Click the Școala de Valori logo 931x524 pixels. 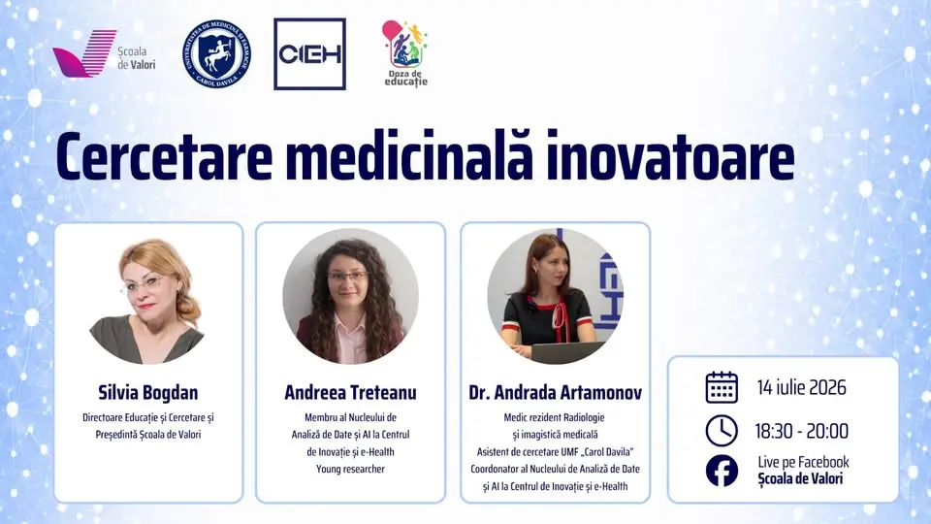pyautogui.click(x=104, y=54)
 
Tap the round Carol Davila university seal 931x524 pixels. pyautogui.click(x=216, y=54)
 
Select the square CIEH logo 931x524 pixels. pyautogui.click(x=310, y=54)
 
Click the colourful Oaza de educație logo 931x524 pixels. pyautogui.click(x=405, y=53)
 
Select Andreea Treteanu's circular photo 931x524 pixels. pyautogui.click(x=350, y=296)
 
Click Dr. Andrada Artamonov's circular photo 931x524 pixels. pyautogui.click(x=555, y=296)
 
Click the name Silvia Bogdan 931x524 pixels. pyautogui.click(x=147, y=393)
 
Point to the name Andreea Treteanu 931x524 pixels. pyautogui.click(x=350, y=393)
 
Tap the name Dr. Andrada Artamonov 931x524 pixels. pyautogui.click(x=555, y=393)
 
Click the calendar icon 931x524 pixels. pyautogui.click(x=722, y=387)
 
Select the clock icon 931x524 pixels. pyautogui.click(x=722, y=431)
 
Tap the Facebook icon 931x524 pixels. pyautogui.click(x=722, y=471)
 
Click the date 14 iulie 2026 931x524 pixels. pyautogui.click(x=802, y=387)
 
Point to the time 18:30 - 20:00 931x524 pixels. pyautogui.click(x=802, y=431)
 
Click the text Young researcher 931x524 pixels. pyautogui.click(x=350, y=469)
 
